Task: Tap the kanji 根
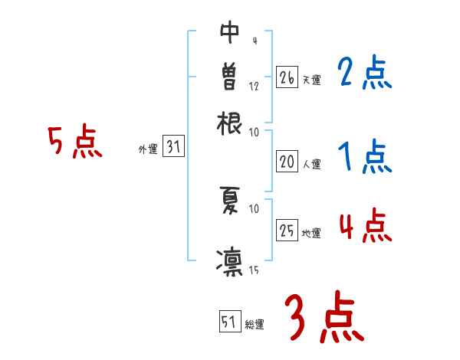[x=229, y=122]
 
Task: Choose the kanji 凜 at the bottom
[x=229, y=260]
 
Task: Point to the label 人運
[x=310, y=164]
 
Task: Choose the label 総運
[x=254, y=325]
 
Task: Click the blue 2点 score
[x=364, y=74]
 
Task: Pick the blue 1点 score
[x=365, y=158]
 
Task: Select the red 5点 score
[x=74, y=142]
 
